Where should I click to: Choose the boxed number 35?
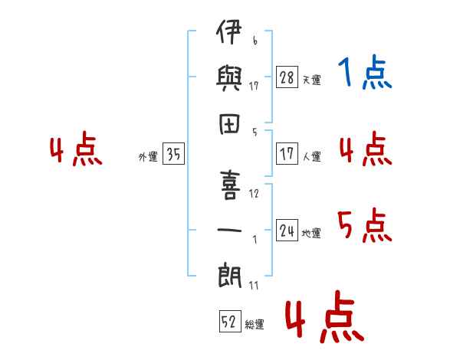pos(173,154)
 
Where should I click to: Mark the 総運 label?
pos(254,325)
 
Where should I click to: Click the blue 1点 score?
pos(364,74)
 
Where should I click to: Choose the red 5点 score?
pos(365,225)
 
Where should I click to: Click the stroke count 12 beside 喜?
pos(254,193)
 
